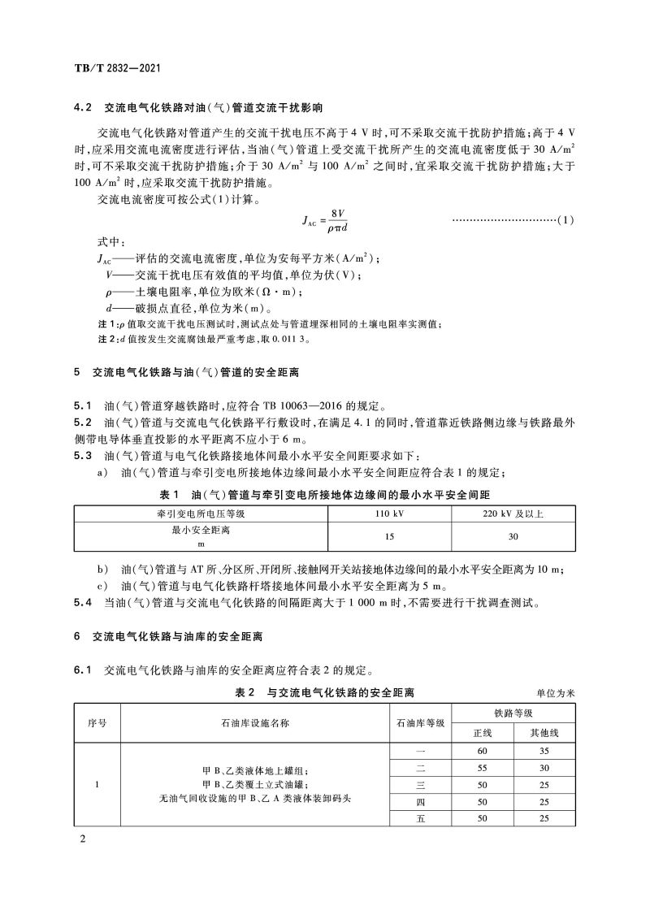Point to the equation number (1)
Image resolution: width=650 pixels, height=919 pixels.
[566, 219]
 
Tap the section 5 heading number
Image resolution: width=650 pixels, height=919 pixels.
[76, 372]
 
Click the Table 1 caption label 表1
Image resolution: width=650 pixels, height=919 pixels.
[168, 493]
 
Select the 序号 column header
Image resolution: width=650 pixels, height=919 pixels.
[97, 722]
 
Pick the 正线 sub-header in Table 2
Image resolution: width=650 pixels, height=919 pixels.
[483, 732]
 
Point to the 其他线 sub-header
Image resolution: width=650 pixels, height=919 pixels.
[544, 732]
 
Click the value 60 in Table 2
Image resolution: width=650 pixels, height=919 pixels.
[483, 752]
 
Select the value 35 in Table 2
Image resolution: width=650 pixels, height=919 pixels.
[544, 752]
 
